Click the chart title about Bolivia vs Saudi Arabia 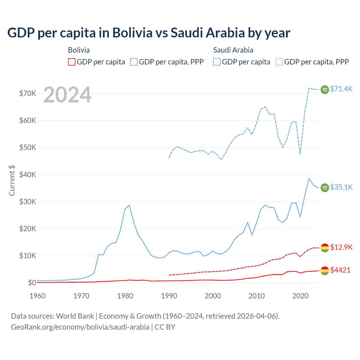tap(148, 33)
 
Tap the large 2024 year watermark tap(67, 95)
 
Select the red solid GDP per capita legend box tap(72, 62)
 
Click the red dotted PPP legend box tap(134, 62)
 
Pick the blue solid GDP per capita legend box tap(217, 62)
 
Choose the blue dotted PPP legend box tap(279, 62)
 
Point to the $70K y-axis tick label tap(28, 93)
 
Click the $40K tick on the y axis tap(28, 175)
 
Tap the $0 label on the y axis tap(32, 283)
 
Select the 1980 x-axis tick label tap(125, 296)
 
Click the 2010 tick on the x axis tap(256, 296)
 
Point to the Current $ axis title tap(12, 180)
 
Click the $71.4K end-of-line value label tap(341, 89)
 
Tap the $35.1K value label tap(341, 187)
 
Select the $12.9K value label tap(341, 247)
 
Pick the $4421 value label tap(340, 270)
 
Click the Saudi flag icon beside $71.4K tap(325, 89)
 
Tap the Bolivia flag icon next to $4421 tap(325, 271)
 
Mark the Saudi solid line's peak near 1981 tap(129, 205)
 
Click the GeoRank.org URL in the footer tap(80, 327)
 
